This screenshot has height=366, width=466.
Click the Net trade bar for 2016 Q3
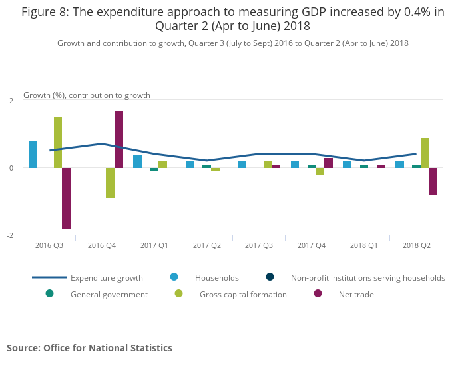(67, 198)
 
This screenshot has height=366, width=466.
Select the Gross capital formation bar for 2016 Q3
(58, 143)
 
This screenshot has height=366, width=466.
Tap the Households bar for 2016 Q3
(33, 155)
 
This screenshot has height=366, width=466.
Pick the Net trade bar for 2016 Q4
(118, 139)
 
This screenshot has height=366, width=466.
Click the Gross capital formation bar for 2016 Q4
(111, 183)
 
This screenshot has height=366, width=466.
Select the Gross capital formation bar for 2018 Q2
(425, 153)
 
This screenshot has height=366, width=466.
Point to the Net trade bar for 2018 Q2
(433, 181)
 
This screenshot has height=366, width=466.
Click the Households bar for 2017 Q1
(137, 161)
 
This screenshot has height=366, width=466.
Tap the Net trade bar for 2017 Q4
(328, 163)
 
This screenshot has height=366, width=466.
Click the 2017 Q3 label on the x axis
(259, 245)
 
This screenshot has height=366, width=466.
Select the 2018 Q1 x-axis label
(363, 245)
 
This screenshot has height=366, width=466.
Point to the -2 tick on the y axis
(11, 236)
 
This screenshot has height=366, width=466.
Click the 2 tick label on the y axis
(11, 101)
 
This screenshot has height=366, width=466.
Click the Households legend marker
(174, 277)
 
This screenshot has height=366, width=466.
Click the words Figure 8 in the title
(47, 13)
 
